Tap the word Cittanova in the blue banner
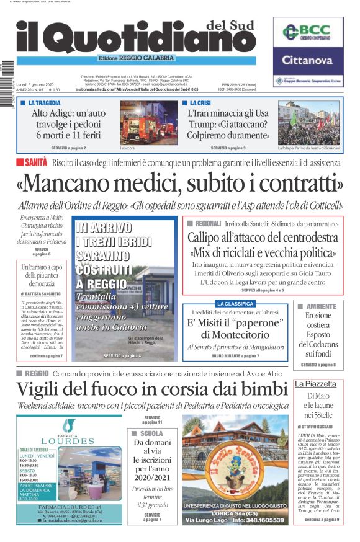pyautogui.click(x=308, y=60)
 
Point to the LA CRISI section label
pyautogui.click(x=200, y=103)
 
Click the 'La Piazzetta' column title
pyautogui.click(x=315, y=384)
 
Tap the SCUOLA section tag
pyautogui.click(x=151, y=433)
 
